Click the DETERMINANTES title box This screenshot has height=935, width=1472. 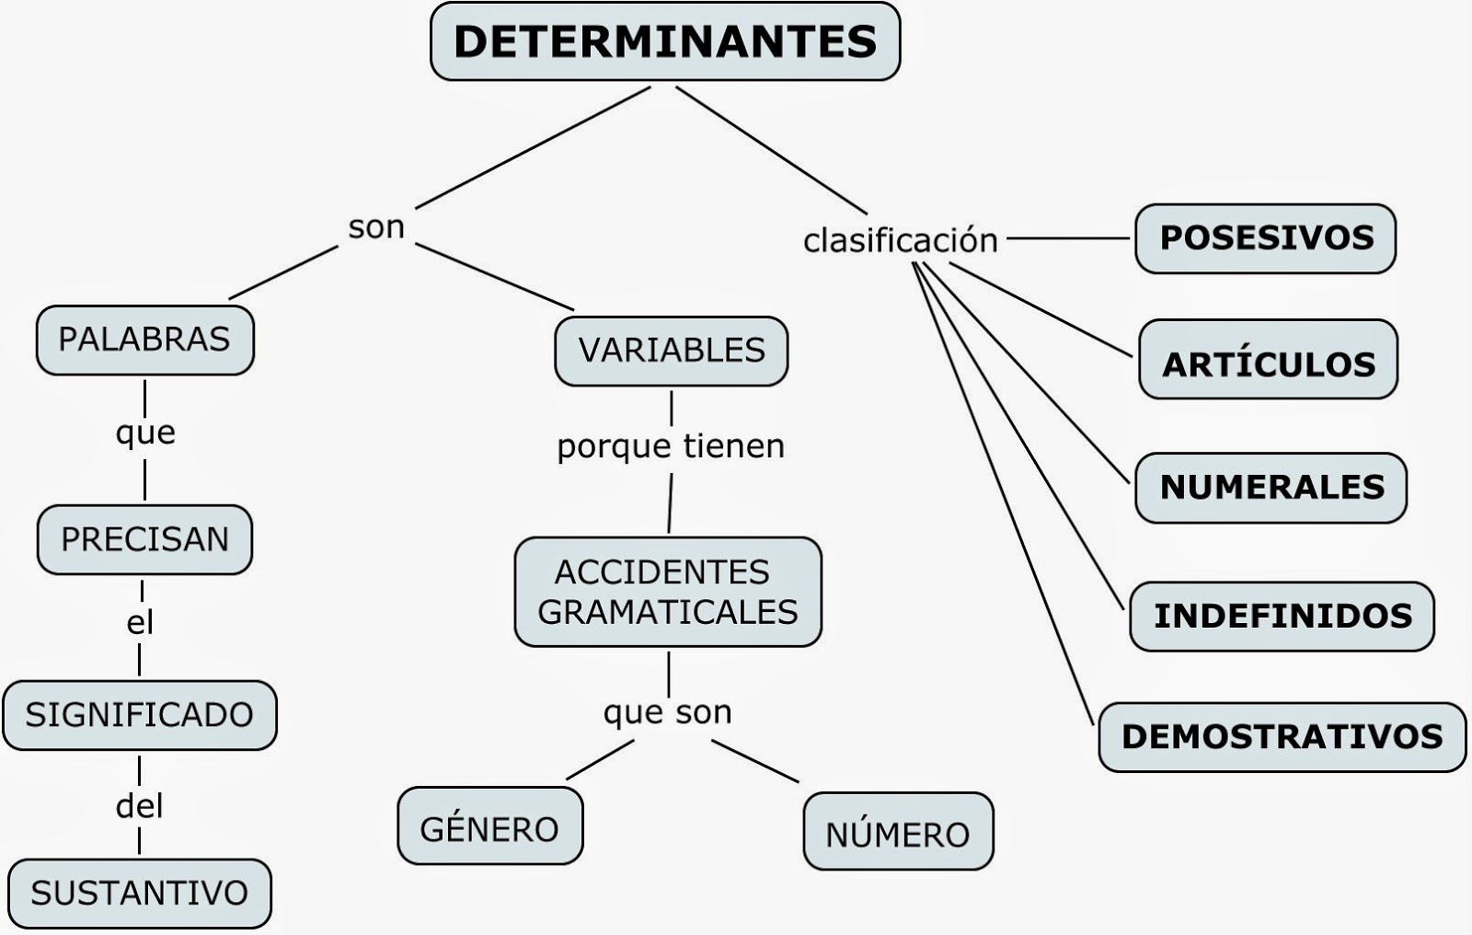(x=665, y=41)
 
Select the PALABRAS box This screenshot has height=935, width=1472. (x=145, y=340)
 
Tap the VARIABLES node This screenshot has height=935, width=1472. (x=672, y=352)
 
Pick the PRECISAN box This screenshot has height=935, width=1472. (x=144, y=540)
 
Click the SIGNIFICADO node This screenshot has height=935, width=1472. (x=140, y=715)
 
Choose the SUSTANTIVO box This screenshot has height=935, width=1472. (x=140, y=894)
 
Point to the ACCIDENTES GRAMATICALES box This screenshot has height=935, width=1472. (x=668, y=592)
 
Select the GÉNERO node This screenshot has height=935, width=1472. (x=490, y=825)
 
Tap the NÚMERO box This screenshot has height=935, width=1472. (x=898, y=831)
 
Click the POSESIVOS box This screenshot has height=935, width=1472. (x=1266, y=238)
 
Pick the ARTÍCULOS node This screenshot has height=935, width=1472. (x=1269, y=359)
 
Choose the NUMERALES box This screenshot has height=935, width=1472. (x=1271, y=488)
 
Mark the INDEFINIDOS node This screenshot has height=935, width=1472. (x=1282, y=617)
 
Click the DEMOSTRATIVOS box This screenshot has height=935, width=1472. (x=1282, y=737)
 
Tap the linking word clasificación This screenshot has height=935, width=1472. (x=901, y=240)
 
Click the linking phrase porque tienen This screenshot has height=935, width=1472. (x=671, y=447)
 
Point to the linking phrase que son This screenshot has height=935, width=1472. (x=668, y=713)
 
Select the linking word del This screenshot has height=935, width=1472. (x=139, y=805)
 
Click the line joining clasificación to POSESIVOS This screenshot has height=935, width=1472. (x=1068, y=238)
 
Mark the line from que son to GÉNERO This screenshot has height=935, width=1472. (x=600, y=760)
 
